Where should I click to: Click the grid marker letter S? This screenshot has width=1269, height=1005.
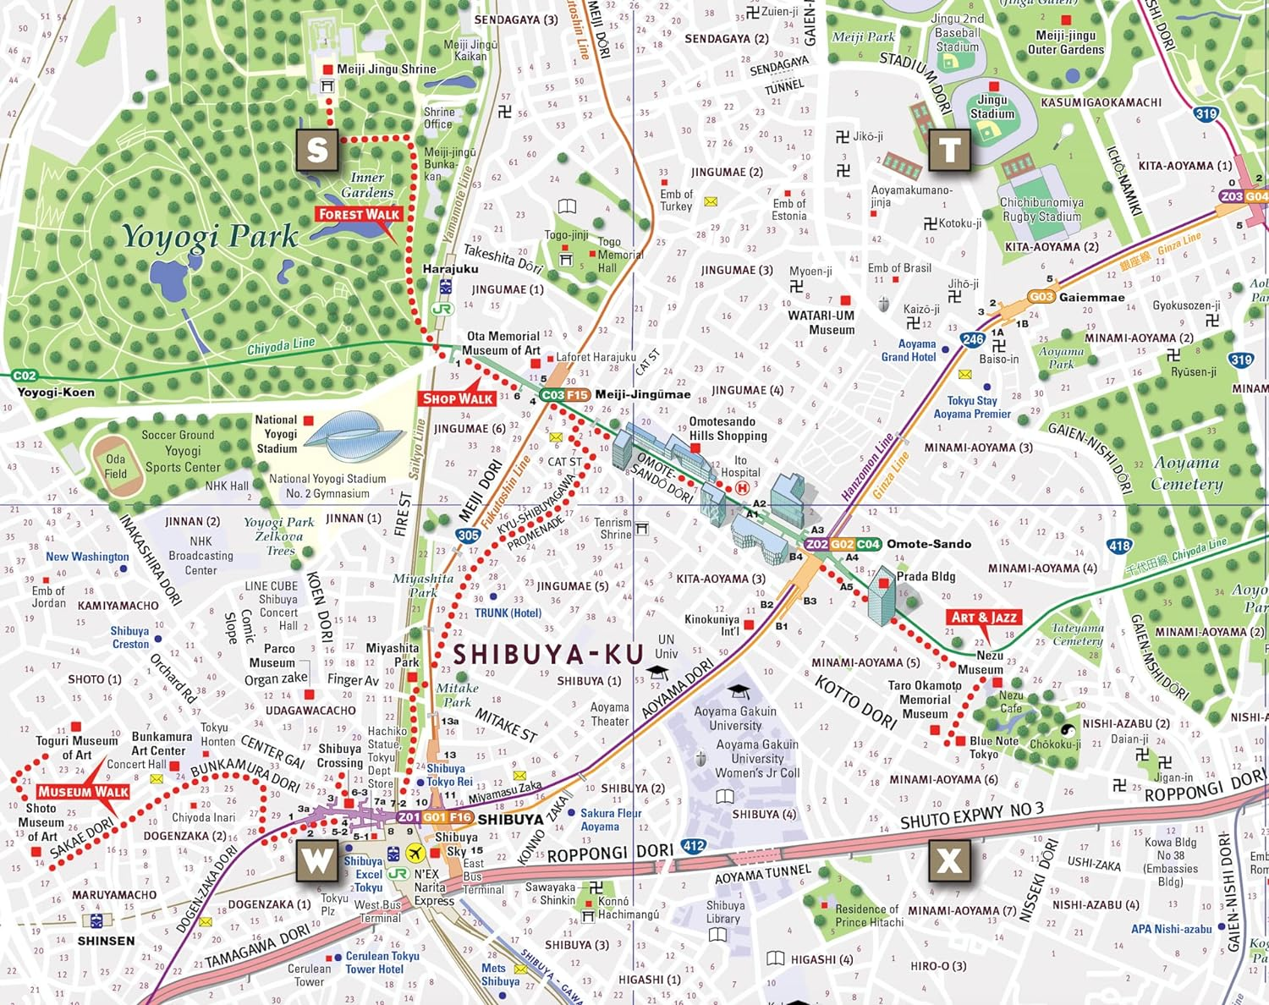(317, 151)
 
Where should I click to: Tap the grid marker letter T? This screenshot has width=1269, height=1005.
(949, 151)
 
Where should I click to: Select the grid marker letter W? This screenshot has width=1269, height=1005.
(317, 861)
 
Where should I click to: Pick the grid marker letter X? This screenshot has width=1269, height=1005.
(949, 861)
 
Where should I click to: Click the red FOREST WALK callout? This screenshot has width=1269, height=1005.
(359, 215)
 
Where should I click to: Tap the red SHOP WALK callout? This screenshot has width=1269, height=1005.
(457, 398)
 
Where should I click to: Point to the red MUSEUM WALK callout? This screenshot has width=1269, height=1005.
(83, 793)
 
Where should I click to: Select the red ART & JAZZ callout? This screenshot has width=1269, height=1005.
(983, 618)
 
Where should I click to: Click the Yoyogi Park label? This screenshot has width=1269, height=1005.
(210, 237)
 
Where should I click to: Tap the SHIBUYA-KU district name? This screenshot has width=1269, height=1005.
(548, 655)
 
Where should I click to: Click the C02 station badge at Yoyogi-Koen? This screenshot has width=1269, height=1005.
(25, 376)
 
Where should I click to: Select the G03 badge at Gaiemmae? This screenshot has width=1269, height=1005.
(1041, 297)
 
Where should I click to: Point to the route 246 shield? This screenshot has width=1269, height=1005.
(973, 339)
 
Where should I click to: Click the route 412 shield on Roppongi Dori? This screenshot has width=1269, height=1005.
(694, 845)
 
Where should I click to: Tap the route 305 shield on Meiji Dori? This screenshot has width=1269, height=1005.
(468, 535)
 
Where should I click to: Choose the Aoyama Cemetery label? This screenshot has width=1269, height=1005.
(1187, 474)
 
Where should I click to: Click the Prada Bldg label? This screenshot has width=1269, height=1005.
(926, 576)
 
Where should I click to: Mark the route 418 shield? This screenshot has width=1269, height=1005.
(1119, 546)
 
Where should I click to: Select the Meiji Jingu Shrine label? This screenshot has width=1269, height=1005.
(386, 69)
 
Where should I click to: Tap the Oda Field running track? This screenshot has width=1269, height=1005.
(115, 466)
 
